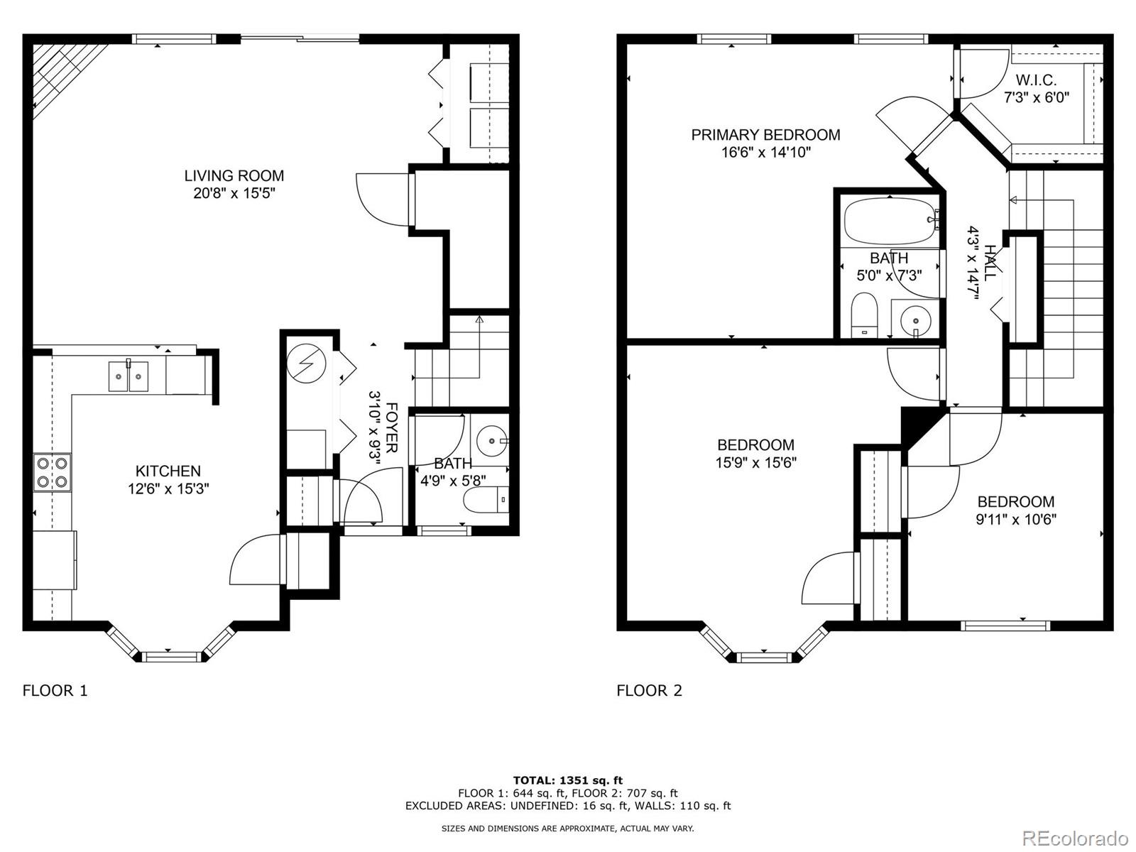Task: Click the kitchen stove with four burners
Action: (53, 472)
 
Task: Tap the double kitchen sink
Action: (129, 376)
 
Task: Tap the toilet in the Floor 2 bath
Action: (864, 315)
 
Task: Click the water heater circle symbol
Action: (307, 363)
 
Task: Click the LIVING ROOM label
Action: (234, 176)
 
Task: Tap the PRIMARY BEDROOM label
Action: (765, 135)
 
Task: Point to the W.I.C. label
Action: (1036, 80)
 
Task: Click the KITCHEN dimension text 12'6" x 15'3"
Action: (168, 489)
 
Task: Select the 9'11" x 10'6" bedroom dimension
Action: (1016, 520)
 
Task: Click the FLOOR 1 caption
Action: (55, 691)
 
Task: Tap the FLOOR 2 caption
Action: (649, 691)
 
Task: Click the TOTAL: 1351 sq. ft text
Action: (568, 780)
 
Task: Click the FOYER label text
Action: (392, 428)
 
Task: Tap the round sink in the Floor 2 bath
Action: (915, 319)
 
